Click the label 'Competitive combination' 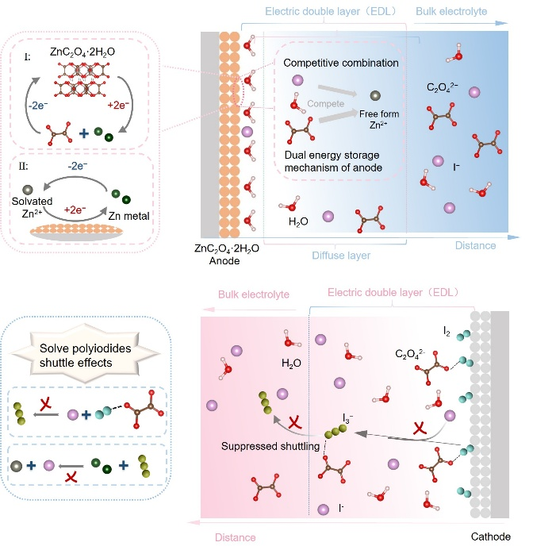coord(340,63)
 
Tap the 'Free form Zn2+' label coord(378,120)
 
